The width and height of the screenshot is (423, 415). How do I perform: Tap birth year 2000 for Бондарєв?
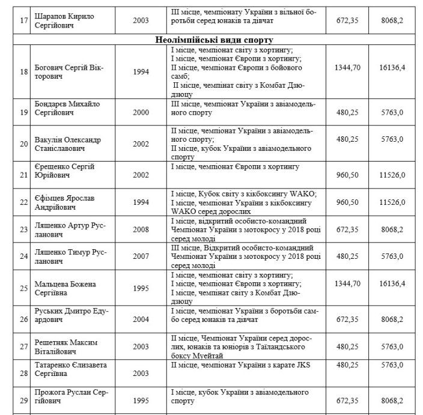142,111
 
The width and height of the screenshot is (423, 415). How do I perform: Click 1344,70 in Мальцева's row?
347,288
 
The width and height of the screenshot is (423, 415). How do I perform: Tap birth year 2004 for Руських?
142,317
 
